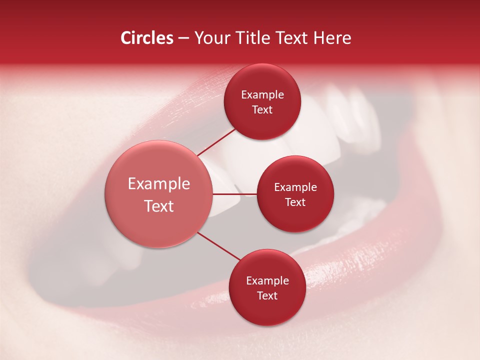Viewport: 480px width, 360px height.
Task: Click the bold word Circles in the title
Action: point(146,38)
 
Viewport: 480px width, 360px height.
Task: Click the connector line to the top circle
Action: point(216,142)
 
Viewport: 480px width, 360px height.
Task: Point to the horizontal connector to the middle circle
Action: point(234,193)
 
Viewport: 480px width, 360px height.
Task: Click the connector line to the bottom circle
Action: point(218,246)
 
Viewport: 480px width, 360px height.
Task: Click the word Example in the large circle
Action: point(158,184)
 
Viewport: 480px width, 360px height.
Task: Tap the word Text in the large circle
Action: point(158,206)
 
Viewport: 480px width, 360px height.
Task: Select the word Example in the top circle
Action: point(262,95)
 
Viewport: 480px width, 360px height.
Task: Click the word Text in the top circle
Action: point(262,110)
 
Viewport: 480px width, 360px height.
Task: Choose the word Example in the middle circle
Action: point(295,187)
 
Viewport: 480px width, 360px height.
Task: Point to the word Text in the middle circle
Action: point(295,202)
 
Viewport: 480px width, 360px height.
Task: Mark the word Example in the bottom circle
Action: point(267,281)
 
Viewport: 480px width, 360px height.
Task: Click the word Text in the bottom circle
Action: point(267,296)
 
